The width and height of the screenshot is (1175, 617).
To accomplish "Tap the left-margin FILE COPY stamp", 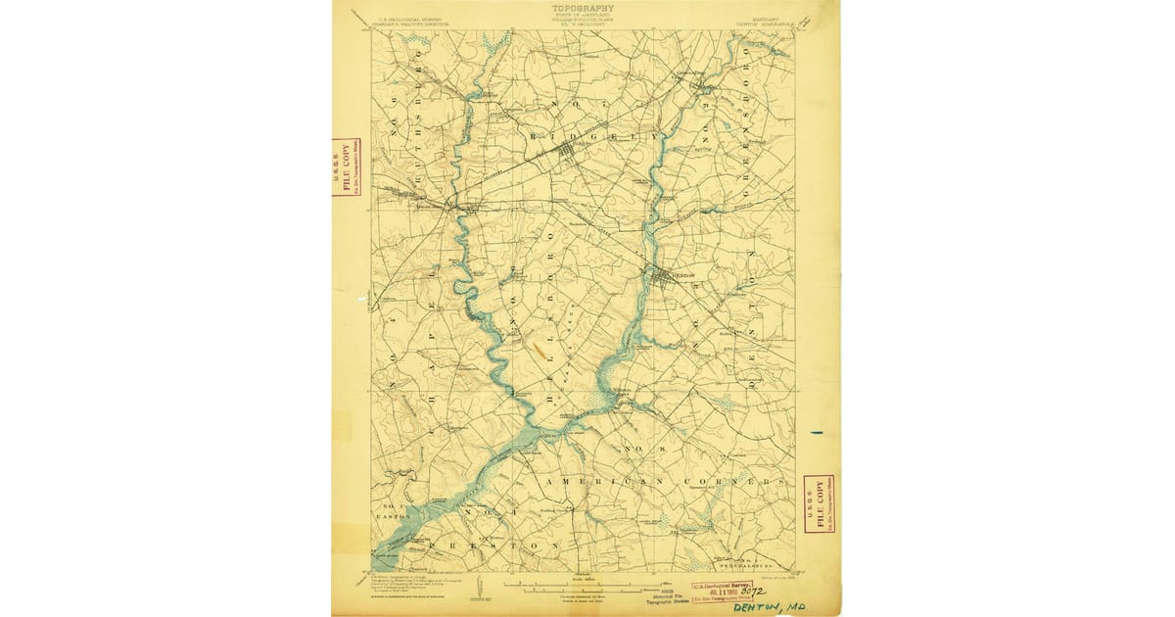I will (x=344, y=166).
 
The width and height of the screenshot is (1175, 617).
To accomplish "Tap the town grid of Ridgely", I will (x=569, y=152).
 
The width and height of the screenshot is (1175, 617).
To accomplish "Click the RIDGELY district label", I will (x=593, y=138).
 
